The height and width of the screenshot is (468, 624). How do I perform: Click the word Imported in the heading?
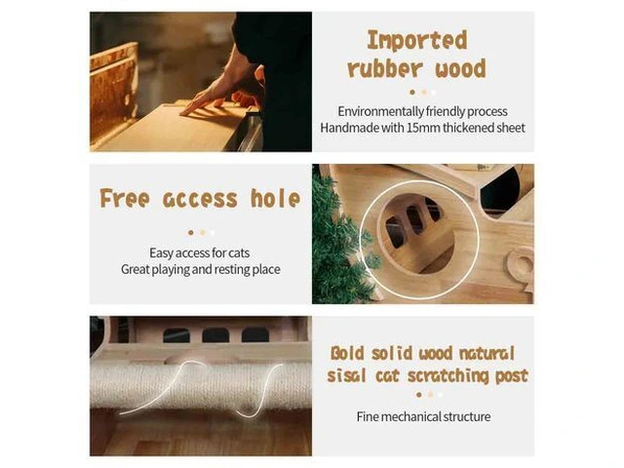click(416, 41)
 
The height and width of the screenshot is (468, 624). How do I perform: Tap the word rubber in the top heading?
click(385, 68)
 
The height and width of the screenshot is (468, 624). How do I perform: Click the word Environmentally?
click(381, 111)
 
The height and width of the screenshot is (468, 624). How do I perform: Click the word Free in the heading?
click(125, 198)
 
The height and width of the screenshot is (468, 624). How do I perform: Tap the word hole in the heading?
click(275, 198)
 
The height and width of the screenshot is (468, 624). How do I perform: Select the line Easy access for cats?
click(199, 253)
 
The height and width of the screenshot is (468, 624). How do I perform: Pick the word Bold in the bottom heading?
click(347, 353)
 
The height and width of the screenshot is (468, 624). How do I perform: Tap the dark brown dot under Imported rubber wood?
click(412, 93)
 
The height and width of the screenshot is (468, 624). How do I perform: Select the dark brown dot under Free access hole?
click(191, 232)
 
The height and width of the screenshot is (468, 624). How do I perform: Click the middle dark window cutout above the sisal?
click(215, 335)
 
